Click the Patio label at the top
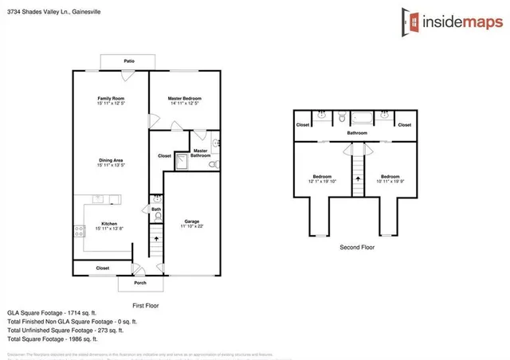tap(128, 61)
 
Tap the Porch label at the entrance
tap(139, 283)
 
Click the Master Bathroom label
tap(200, 152)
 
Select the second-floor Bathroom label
tap(356, 133)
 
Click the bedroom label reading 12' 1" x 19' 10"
tap(321, 178)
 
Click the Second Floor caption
tap(356, 248)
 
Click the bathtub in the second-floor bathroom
tap(362, 118)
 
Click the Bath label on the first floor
tap(156, 209)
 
